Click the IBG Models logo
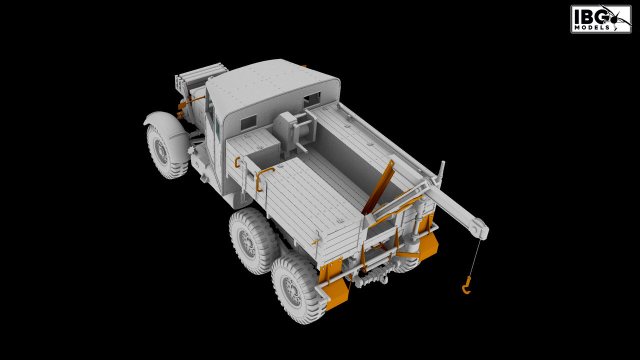[x=601, y=19]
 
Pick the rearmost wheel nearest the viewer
[x=297, y=288]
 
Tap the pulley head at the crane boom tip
[x=480, y=229]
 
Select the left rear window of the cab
[x=248, y=122]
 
